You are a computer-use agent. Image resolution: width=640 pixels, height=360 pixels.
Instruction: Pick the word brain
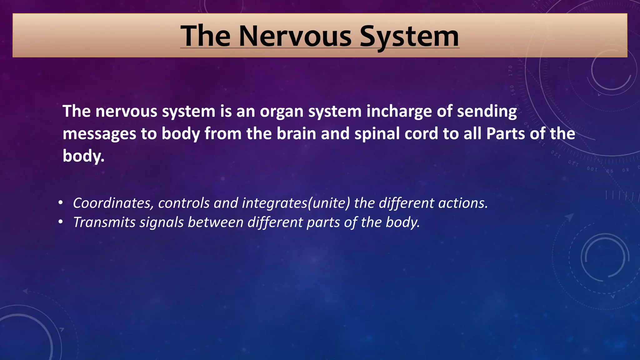point(296,133)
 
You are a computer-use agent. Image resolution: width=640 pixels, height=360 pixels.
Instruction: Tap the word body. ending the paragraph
point(83,156)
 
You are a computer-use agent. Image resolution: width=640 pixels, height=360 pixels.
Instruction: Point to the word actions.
point(463,203)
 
